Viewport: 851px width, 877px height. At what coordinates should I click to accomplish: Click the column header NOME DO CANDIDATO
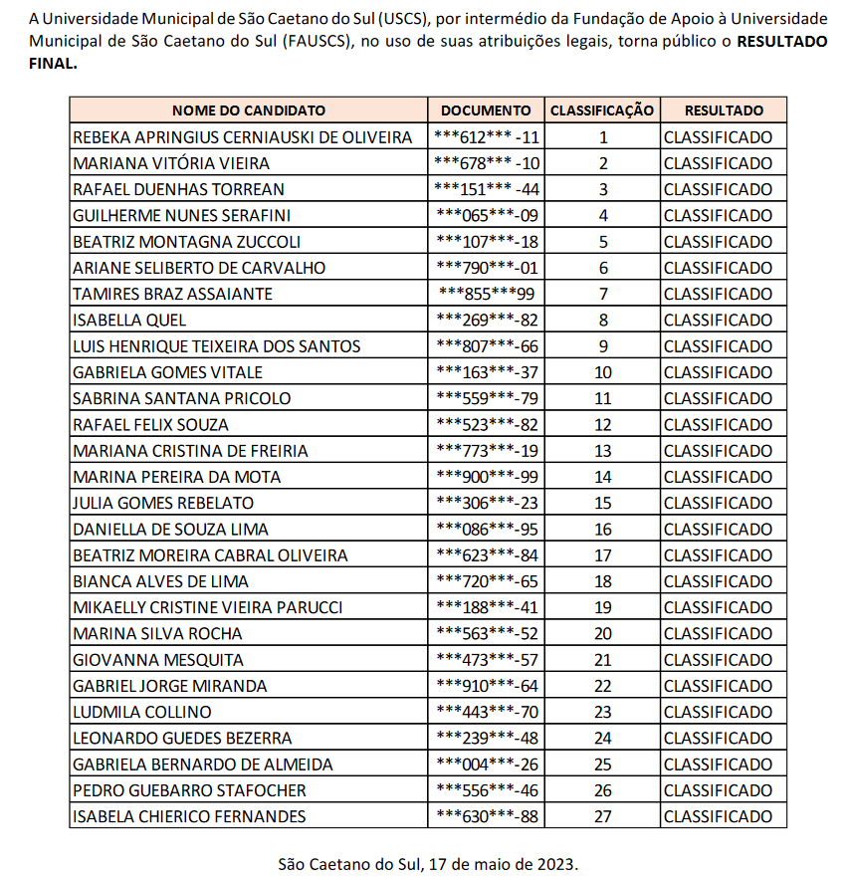point(249,110)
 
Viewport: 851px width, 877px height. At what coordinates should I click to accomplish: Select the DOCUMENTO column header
point(487,110)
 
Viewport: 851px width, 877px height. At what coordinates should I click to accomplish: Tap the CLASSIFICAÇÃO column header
point(602,110)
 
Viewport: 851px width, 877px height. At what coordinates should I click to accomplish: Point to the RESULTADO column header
point(724,110)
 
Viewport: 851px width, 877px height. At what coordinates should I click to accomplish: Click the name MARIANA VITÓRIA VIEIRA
point(171,163)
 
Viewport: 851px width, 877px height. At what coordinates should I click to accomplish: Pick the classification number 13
point(602,450)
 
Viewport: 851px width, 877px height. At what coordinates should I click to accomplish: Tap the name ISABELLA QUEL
point(129,320)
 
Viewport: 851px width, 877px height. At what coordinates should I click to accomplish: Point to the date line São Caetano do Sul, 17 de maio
point(427,863)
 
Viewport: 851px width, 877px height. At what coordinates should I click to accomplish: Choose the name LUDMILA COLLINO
point(142,712)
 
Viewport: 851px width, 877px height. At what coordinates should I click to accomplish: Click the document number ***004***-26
point(487,764)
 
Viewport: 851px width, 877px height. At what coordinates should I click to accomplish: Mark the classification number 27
point(602,816)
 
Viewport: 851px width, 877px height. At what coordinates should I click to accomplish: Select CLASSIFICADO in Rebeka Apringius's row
point(718,137)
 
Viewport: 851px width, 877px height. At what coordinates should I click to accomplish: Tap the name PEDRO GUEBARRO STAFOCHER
point(189,790)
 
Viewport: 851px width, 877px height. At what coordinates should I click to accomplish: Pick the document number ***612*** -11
point(487,137)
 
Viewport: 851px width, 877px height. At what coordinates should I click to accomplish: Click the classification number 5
point(602,241)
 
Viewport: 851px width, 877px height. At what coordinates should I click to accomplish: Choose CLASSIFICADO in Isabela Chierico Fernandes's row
point(718,816)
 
